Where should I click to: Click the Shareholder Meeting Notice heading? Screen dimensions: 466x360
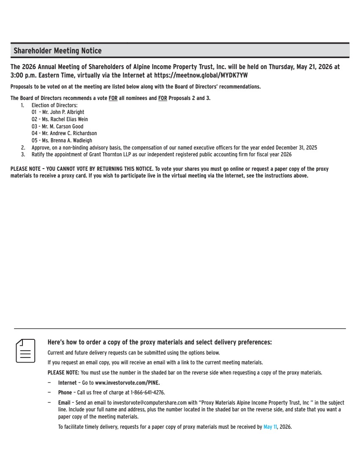tap(58, 51)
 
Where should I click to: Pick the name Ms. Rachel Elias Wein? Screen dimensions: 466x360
tap(65, 119)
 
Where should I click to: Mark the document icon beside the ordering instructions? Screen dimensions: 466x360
tap(25, 350)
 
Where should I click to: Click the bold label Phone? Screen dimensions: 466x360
tap(65, 393)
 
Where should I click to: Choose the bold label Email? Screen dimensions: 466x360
tap(64, 402)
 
